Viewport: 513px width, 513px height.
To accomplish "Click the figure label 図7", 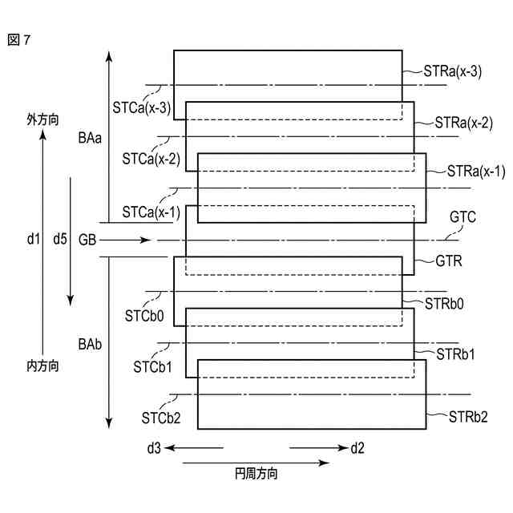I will coord(20,38).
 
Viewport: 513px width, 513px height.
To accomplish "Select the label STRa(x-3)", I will coord(452,71).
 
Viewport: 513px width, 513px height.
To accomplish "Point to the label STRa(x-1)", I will coord(476,172).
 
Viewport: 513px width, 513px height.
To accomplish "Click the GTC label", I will coord(463,216).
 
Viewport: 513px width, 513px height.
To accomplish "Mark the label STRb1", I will coord(454,353).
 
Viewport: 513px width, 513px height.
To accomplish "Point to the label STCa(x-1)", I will coord(150,212).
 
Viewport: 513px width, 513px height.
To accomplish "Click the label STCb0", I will coord(144,316).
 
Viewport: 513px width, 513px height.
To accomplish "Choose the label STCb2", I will coord(162,418).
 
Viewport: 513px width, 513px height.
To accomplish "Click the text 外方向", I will coord(42,119).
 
